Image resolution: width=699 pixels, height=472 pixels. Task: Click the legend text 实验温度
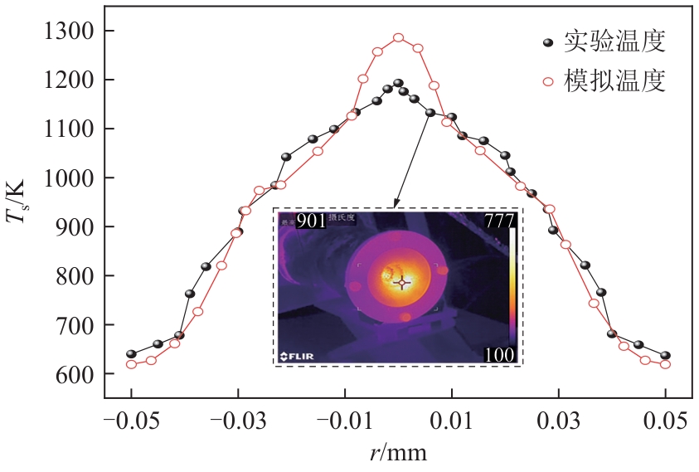pos(614,41)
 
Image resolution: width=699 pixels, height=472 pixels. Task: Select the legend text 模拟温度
pos(614,81)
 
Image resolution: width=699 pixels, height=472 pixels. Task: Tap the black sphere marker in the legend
pos(547,41)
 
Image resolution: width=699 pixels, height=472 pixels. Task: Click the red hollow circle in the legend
pos(547,81)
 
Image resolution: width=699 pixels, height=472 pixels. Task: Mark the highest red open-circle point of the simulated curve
pos(398,37)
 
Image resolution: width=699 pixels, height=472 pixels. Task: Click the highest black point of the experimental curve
pos(398,83)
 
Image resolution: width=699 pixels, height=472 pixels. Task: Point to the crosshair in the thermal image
pos(402,283)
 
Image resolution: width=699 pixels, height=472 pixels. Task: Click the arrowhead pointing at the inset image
pos(396,205)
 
